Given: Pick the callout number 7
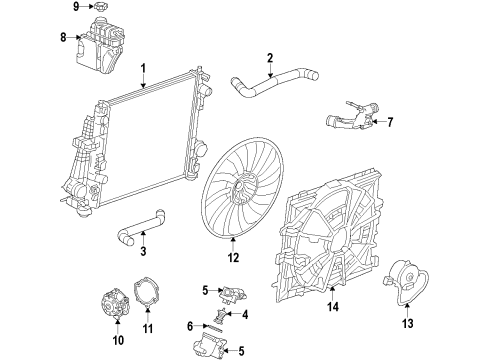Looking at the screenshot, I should [x=391, y=123].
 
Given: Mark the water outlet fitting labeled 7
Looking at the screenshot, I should [x=350, y=125].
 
